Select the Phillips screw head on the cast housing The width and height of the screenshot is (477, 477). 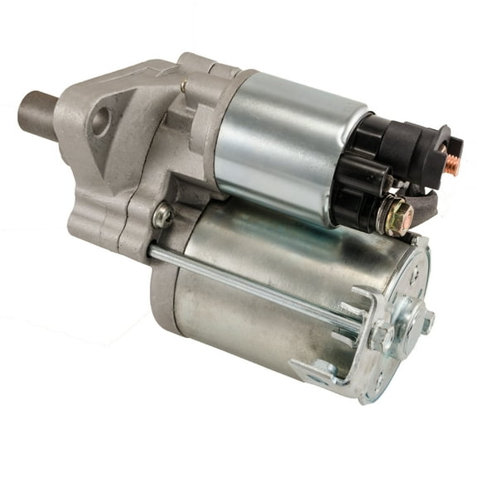pyautogui.click(x=163, y=216)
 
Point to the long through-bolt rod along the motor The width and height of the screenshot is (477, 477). pyautogui.click(x=248, y=282)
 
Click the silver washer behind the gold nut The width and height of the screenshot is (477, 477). pyautogui.click(x=385, y=219)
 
